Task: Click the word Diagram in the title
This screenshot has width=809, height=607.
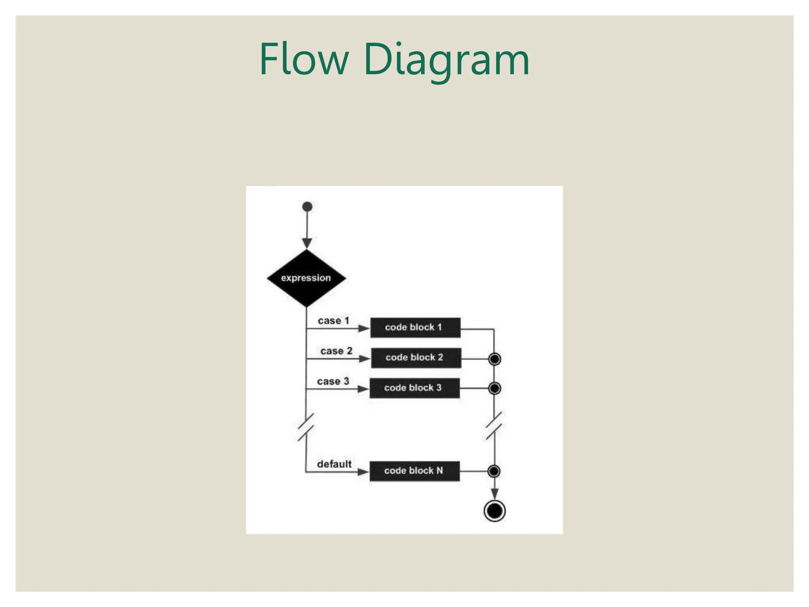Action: click(x=446, y=60)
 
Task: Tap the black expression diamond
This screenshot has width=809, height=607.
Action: click(x=306, y=278)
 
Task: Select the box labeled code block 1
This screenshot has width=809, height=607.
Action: click(x=415, y=328)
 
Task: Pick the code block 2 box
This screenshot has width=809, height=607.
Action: click(x=416, y=358)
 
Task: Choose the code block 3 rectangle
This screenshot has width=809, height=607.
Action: click(x=414, y=388)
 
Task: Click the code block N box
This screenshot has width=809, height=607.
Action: click(x=414, y=471)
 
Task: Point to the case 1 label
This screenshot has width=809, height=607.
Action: click(x=333, y=320)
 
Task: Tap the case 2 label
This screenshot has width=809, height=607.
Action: click(x=336, y=351)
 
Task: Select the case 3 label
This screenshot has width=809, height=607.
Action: click(x=333, y=381)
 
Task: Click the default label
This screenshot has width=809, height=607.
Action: click(x=334, y=464)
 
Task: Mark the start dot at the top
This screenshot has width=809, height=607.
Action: click(x=307, y=207)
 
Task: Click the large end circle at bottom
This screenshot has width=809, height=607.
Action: click(x=495, y=511)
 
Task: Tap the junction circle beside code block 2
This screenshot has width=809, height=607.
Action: click(x=495, y=359)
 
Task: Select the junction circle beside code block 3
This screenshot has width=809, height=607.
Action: click(x=495, y=388)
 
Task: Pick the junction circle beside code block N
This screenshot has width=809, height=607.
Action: click(x=494, y=471)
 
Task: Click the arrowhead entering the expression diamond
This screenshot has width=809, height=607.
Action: click(x=307, y=243)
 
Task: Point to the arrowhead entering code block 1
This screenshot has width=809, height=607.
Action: click(x=363, y=328)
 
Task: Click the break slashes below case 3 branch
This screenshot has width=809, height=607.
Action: click(x=306, y=427)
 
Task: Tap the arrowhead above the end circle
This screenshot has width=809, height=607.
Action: click(x=495, y=494)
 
